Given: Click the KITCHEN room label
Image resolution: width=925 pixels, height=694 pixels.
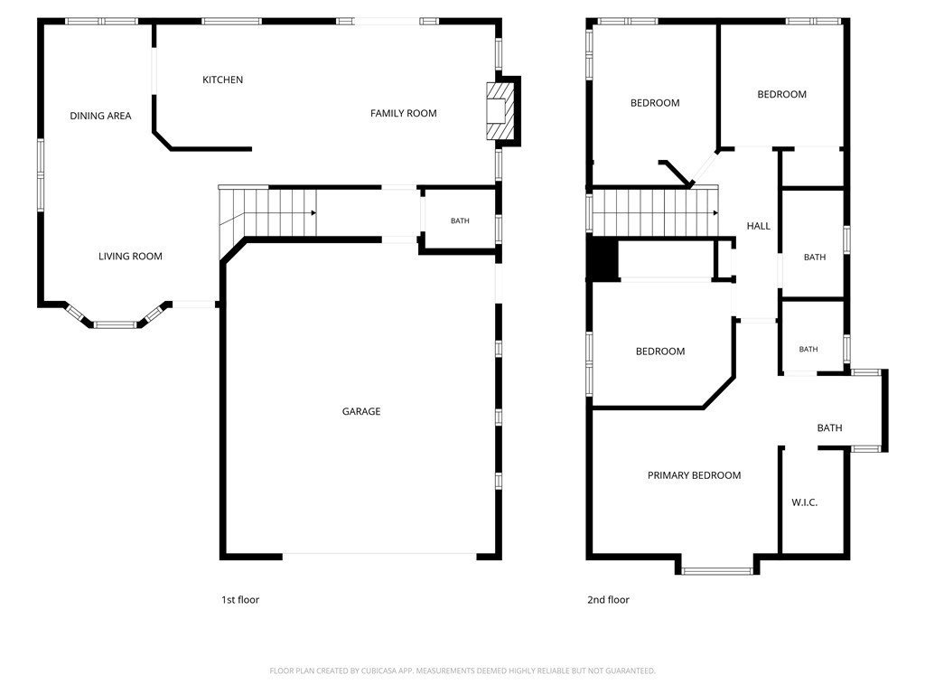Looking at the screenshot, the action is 222,80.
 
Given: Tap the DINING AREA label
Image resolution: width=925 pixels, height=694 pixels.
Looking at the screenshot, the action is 100,116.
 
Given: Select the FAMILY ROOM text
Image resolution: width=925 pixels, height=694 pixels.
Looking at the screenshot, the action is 404,113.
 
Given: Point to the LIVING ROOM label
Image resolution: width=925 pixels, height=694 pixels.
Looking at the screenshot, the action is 130,256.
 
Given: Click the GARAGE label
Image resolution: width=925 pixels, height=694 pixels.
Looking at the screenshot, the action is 361,411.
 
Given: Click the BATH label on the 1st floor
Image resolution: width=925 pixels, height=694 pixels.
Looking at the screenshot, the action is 460,220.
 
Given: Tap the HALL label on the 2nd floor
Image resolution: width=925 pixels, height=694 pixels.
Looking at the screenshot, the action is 758,226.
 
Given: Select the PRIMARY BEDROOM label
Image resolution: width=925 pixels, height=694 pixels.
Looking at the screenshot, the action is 694,475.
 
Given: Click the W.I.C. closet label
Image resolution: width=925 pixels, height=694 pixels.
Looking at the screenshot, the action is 804,502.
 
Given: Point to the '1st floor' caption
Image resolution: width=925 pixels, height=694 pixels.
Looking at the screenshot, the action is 240,600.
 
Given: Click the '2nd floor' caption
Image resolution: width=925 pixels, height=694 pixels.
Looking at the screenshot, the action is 608,600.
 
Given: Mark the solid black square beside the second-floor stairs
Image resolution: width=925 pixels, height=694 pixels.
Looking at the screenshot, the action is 603,258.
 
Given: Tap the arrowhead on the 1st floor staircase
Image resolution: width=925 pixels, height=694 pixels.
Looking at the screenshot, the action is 313,213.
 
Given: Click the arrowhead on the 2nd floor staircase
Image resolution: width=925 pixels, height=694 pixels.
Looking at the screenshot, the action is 715,213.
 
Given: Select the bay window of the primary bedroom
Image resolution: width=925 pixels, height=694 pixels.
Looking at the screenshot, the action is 717,571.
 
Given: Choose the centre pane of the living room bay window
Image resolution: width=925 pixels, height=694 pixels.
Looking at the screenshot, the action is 115,324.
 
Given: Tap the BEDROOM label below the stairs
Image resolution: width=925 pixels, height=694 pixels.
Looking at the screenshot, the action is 660,352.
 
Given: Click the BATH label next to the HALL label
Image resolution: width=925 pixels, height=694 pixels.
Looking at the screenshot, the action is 815,258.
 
